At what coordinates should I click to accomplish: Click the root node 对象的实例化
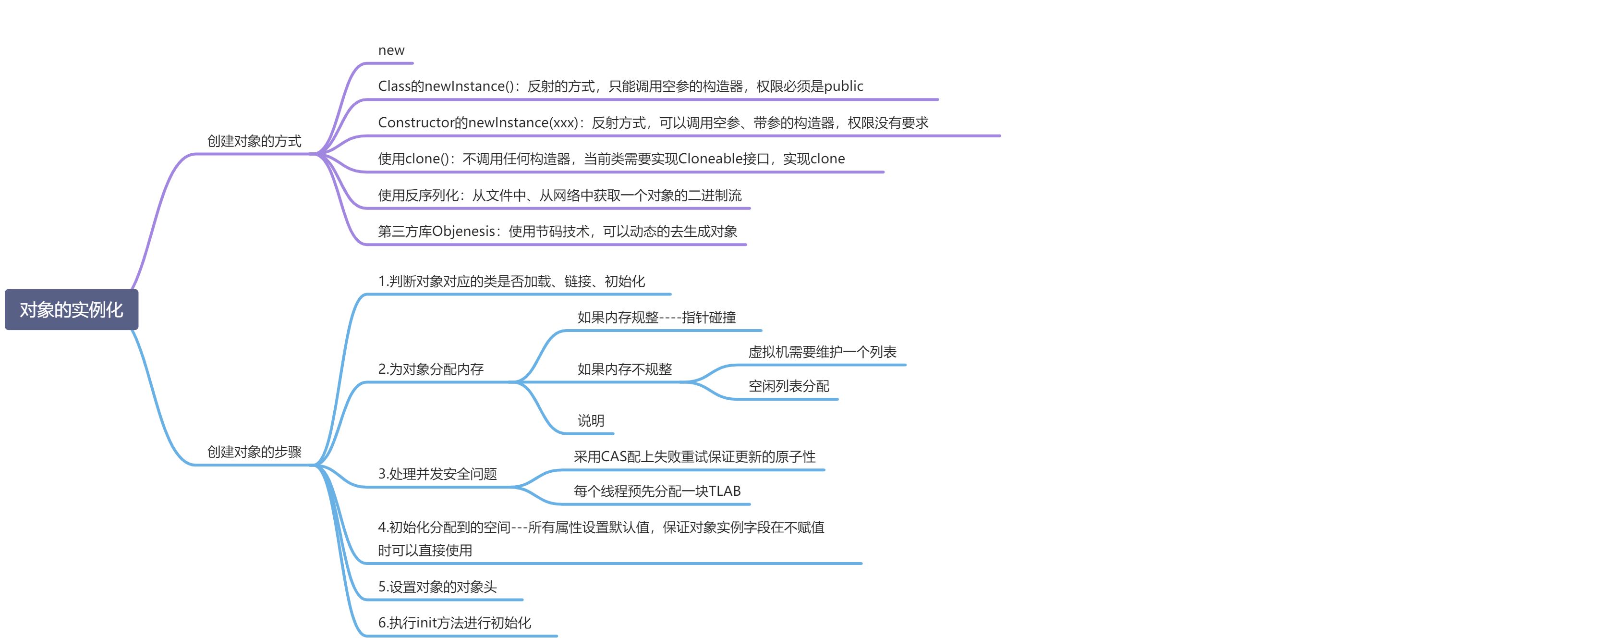[x=72, y=309]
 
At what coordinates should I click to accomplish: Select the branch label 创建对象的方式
[x=254, y=141]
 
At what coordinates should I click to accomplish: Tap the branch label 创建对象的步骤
[x=254, y=452]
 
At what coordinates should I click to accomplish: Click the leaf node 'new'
[x=391, y=50]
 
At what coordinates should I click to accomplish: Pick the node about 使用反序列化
[x=559, y=195]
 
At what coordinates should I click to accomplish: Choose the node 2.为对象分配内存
[x=431, y=369]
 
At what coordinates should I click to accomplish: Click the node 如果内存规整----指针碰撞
[x=656, y=317]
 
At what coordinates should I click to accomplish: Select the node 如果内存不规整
[x=624, y=369]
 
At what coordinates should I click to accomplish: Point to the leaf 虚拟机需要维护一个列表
[x=822, y=352]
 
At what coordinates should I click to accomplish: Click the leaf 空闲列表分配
[x=788, y=386]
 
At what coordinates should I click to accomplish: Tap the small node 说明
[x=591, y=420]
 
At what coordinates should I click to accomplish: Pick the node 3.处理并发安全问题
[x=437, y=474]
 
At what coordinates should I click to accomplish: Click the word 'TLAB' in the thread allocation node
[x=725, y=491]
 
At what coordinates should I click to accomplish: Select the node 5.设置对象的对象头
[x=437, y=587]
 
